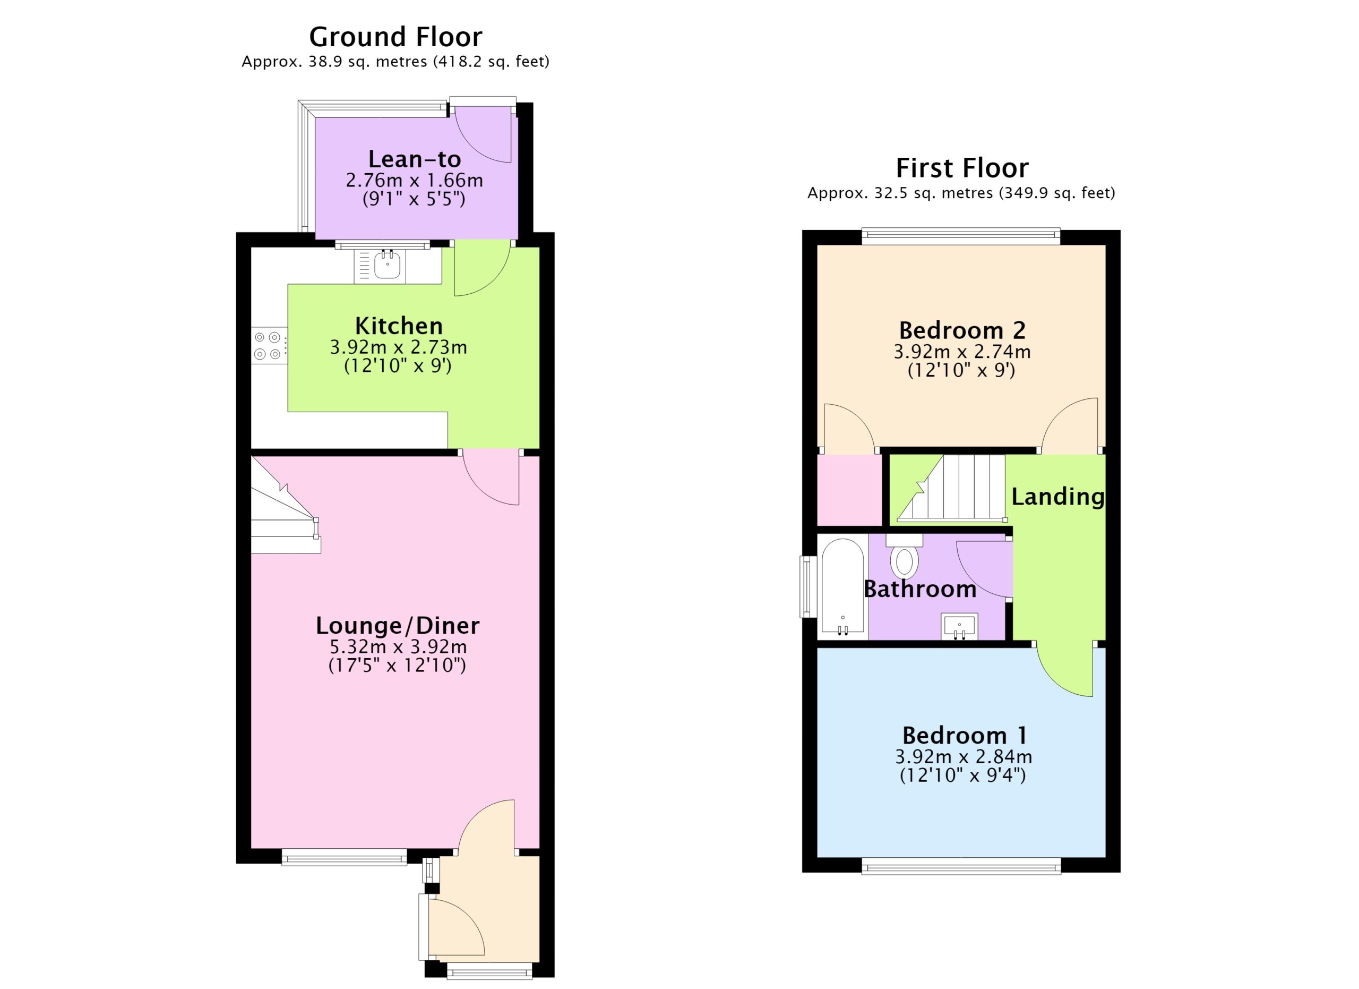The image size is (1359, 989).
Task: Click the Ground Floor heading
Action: pos(395,37)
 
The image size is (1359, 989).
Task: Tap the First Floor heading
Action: pos(962,168)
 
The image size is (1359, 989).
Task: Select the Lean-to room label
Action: pos(415,159)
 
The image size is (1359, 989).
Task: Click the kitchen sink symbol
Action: pos(388,265)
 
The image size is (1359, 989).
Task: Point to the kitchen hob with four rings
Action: pos(269,346)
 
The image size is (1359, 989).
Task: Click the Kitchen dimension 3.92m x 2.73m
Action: pos(399,347)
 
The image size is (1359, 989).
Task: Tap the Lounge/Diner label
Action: pos(398,626)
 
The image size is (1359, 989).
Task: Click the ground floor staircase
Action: pos(285,505)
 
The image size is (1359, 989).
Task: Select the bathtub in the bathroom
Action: pos(842,586)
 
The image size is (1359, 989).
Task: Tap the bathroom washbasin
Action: pos(959,626)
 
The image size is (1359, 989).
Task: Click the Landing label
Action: pos(1058,497)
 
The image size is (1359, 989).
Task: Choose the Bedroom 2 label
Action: pos(962,330)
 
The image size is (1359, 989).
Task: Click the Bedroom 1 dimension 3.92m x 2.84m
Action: pos(964,757)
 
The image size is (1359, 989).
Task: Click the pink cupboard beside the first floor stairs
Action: pos(850,490)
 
